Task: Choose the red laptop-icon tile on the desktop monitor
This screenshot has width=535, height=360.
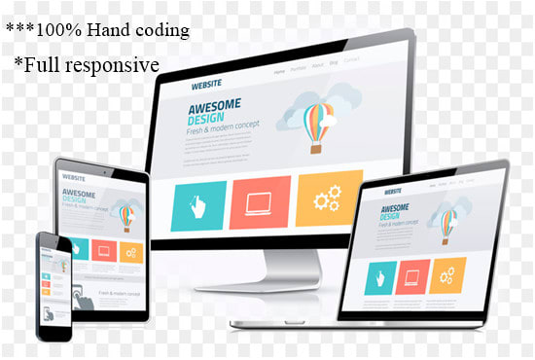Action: (260, 201)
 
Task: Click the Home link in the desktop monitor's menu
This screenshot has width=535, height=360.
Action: (279, 72)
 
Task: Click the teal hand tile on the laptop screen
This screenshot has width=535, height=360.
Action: (381, 280)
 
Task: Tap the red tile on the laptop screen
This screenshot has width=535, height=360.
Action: (414, 277)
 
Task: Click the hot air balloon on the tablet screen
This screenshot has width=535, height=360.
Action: (125, 211)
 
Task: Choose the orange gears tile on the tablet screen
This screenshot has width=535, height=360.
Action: (130, 251)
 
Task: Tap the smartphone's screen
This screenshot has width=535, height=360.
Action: (54, 283)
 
